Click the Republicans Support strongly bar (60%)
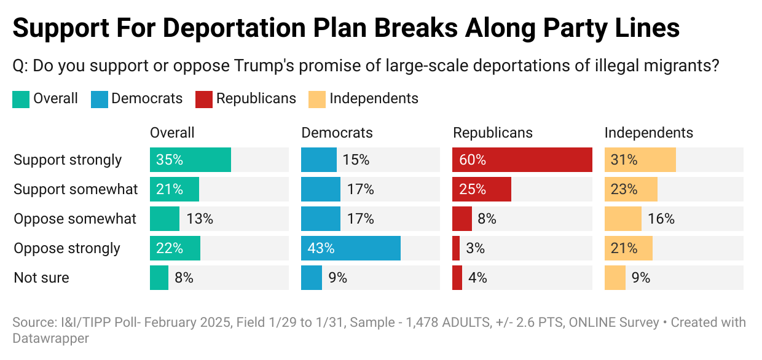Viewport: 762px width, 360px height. (x=522, y=160)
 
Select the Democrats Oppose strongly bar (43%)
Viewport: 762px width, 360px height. (x=350, y=248)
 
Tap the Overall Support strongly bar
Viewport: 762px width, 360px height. (x=190, y=160)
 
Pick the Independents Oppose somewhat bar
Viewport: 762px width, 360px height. (x=623, y=219)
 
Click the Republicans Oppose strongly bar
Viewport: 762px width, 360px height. (x=456, y=248)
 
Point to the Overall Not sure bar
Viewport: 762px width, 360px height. (x=159, y=278)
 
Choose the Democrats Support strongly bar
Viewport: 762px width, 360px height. (x=318, y=160)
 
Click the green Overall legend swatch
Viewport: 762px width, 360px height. (x=20, y=99)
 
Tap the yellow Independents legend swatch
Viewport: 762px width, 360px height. (x=316, y=99)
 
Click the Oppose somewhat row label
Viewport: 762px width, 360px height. (x=75, y=219)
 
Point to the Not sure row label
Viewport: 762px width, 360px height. (x=41, y=278)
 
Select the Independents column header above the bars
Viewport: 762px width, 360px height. (x=648, y=133)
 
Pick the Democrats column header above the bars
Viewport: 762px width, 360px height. (x=337, y=133)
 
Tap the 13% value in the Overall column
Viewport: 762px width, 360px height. (x=199, y=219)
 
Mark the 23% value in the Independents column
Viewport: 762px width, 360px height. (x=624, y=189)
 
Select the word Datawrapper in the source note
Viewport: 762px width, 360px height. (x=51, y=338)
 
